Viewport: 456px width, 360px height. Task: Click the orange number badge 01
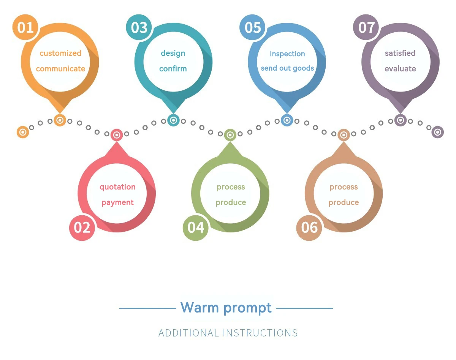[25, 27]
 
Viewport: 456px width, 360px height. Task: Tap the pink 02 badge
[82, 228]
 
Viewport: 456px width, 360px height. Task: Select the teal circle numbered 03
[139, 27]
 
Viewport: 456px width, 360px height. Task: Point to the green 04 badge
[196, 228]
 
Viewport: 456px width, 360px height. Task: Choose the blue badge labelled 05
[252, 27]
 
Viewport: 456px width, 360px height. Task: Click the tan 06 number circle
[309, 228]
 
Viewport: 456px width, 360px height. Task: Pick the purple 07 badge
[366, 27]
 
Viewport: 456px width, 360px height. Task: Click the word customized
[60, 53]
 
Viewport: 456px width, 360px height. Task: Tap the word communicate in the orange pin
[60, 69]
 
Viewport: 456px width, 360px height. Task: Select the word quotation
[117, 187]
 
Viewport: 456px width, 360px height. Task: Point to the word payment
[117, 203]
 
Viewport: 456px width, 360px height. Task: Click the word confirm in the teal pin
[173, 68]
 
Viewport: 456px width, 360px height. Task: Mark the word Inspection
[287, 54]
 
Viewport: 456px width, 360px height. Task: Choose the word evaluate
[400, 69]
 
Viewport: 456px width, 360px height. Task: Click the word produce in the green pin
[231, 203]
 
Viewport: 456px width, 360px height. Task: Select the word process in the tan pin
[344, 187]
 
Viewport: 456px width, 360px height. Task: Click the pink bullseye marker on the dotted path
[117, 135]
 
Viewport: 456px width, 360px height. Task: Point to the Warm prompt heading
[226, 308]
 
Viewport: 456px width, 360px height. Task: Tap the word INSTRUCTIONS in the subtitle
[260, 333]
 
